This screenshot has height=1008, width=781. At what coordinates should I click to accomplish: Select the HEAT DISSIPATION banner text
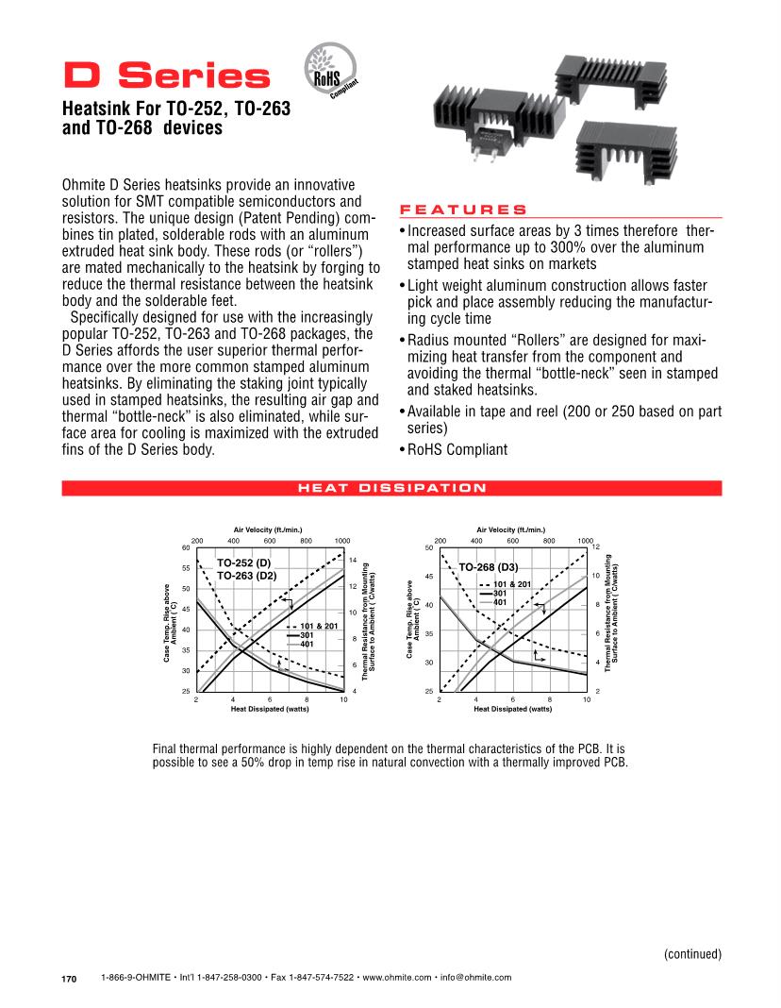pyautogui.click(x=391, y=488)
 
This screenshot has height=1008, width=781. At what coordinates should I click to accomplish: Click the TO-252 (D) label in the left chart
pyautogui.click(x=244, y=563)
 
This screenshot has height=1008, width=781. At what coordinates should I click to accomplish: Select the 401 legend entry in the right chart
pyautogui.click(x=501, y=601)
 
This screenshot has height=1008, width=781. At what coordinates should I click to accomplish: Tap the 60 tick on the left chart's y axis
pyautogui.click(x=186, y=548)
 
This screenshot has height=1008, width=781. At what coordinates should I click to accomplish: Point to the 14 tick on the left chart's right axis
pyautogui.click(x=352, y=561)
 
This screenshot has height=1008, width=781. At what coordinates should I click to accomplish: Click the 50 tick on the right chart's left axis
pyautogui.click(x=429, y=548)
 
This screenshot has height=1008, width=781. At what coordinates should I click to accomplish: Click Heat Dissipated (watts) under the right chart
pyautogui.click(x=513, y=708)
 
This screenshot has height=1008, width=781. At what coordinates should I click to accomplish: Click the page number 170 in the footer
pyautogui.click(x=69, y=979)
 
